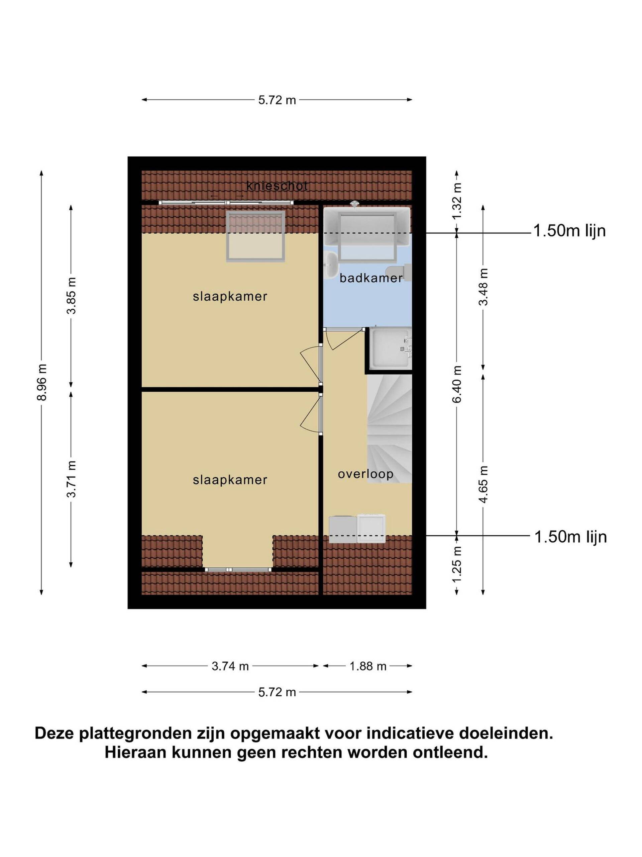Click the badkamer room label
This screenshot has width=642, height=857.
pyautogui.click(x=371, y=278)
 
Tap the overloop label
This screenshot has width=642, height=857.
pyautogui.click(x=366, y=474)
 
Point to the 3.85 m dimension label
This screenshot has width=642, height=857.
pyautogui.click(x=71, y=295)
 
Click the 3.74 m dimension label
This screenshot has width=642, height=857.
pyautogui.click(x=230, y=666)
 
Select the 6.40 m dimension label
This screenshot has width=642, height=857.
pyautogui.click(x=457, y=384)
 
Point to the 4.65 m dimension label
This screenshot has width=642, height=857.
pyautogui.click(x=483, y=484)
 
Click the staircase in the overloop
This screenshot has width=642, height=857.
pyautogui.click(x=389, y=428)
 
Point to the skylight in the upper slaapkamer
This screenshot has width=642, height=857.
pyautogui.click(x=255, y=237)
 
